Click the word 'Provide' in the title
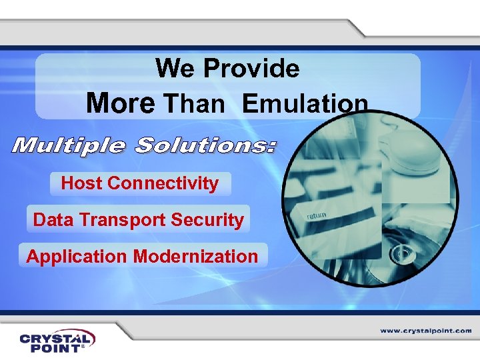pos(251,68)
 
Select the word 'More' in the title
pos(121,103)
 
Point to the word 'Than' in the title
pos(194,104)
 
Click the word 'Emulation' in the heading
pos(305,104)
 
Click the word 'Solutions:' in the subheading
pos(204,145)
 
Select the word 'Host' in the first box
pos(81,183)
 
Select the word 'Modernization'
pos(195,256)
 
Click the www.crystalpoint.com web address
pos(426,331)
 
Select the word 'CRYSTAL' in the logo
pos(57,338)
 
